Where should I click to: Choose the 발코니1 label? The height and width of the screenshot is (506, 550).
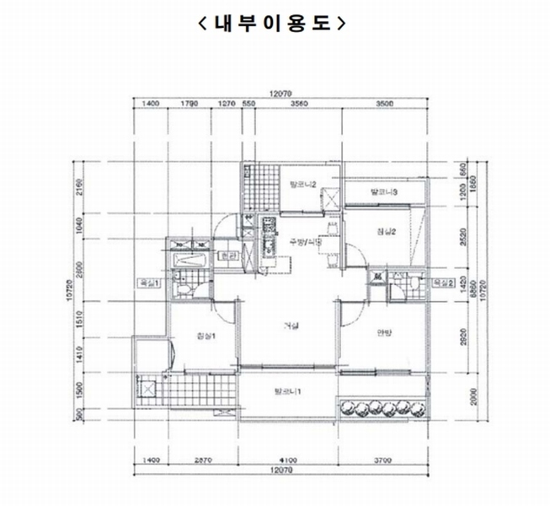coord(288,391)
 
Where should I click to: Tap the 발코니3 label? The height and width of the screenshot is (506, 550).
coord(383,193)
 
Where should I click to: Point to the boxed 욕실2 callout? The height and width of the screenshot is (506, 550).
coord(444,283)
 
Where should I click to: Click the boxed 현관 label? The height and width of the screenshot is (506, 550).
coord(227,256)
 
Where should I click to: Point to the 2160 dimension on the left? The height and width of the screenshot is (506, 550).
coord(77,186)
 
